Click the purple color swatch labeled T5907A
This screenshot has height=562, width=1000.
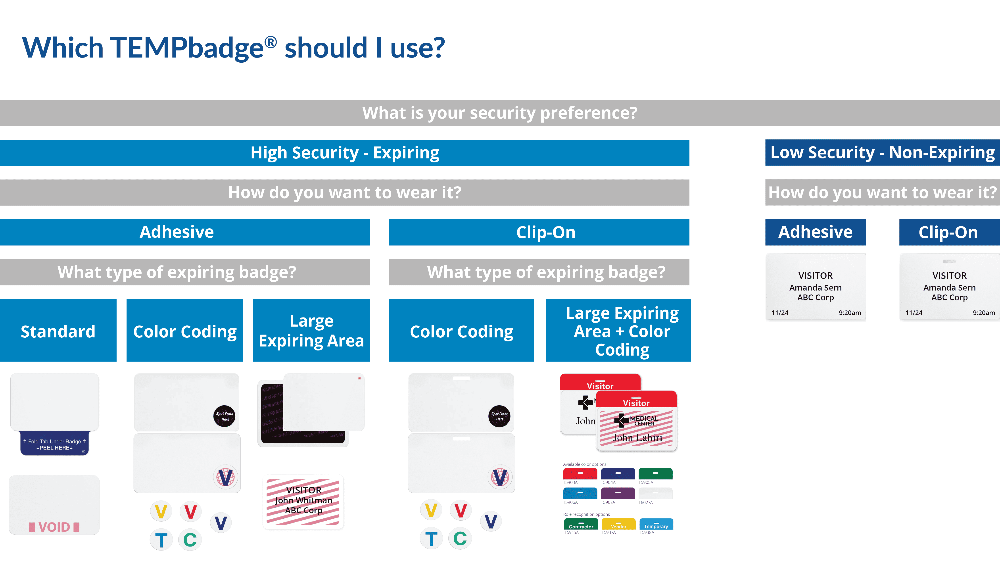618,493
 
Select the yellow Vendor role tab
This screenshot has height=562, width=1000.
618,524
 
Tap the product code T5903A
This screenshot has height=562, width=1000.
570,482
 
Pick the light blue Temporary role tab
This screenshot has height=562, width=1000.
656,524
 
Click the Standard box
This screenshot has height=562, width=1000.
58,330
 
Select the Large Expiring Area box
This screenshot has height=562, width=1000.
311,330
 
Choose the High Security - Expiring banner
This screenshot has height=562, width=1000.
345,153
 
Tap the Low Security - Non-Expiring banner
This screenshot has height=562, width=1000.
882,153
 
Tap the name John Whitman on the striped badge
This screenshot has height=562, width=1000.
303,500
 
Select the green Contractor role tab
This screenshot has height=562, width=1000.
581,524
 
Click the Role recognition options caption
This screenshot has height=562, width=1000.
586,514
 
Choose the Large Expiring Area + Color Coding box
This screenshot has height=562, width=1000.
618,330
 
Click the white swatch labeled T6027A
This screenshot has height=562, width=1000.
655,493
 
